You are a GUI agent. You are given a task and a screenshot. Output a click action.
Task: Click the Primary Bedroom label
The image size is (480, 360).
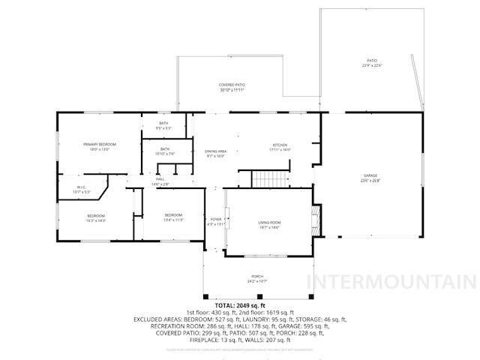tap(96, 146)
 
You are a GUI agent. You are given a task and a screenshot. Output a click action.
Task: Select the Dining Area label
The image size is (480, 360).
tap(216, 154)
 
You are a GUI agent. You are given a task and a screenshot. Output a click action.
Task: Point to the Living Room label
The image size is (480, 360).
tap(269, 224)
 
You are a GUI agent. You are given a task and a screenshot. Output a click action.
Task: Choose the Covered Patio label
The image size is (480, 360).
tap(232, 87)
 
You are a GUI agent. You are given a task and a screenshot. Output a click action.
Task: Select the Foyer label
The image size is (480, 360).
tap(215, 221)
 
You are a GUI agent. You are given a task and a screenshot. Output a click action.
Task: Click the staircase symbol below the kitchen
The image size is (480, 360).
tap(268, 178)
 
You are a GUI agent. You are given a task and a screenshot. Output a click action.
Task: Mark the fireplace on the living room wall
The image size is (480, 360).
tap(316, 220)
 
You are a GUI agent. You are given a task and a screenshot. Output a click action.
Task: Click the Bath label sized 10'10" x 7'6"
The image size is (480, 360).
tap(165, 151)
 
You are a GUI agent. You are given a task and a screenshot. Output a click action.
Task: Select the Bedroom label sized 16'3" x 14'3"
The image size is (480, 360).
tap(95, 218)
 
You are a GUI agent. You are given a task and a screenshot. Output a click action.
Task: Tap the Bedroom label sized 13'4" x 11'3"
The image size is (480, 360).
tap(173, 218)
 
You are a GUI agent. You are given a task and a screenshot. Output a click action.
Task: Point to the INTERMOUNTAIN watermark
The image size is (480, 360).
tap(391, 282)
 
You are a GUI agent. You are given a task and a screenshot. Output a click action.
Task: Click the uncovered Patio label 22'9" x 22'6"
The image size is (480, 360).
tap(372, 64)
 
